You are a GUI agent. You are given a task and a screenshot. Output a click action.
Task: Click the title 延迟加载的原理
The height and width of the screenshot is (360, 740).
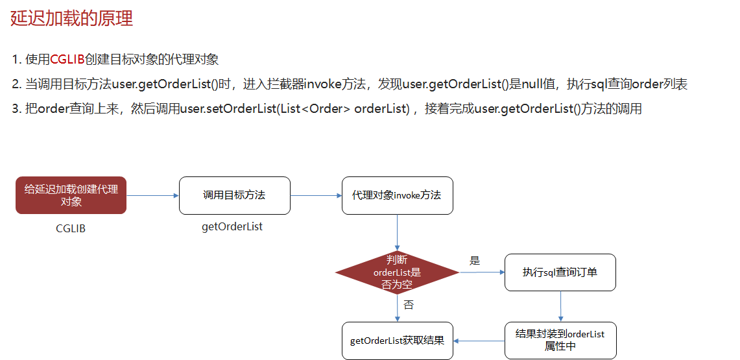pos(71,18)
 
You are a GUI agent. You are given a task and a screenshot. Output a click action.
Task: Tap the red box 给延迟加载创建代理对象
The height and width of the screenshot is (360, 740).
pos(71,195)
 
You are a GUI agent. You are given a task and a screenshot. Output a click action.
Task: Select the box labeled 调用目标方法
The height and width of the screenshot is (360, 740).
pos(234,195)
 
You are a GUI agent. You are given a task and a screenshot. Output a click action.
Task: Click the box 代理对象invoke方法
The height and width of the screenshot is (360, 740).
pos(397,195)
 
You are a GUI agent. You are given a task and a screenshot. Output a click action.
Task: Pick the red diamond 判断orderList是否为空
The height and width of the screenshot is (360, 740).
pos(397,272)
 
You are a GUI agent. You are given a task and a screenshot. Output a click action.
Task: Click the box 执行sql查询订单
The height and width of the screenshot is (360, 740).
pos(560,272)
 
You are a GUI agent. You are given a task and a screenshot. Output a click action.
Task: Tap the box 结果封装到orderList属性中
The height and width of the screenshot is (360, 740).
pos(560,340)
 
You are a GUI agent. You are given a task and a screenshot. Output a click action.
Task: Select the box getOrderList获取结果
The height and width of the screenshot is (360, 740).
pos(397,340)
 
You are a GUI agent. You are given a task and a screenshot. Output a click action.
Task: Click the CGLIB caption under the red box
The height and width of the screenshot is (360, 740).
pos(71,228)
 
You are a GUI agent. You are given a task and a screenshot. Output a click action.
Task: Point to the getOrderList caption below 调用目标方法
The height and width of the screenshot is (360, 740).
pos(232,227)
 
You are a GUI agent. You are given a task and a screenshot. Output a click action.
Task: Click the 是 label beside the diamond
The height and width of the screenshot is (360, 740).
pos(475,261)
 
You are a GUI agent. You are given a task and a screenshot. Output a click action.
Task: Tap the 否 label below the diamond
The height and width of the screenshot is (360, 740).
pos(409,305)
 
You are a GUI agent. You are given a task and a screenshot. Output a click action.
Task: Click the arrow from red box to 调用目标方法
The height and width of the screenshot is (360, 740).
pos(152,195)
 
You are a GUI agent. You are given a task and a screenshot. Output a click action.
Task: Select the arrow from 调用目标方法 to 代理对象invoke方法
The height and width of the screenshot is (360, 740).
pos(316,195)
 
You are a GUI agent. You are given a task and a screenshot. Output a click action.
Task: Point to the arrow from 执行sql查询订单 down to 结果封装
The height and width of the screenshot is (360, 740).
pos(560,306)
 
